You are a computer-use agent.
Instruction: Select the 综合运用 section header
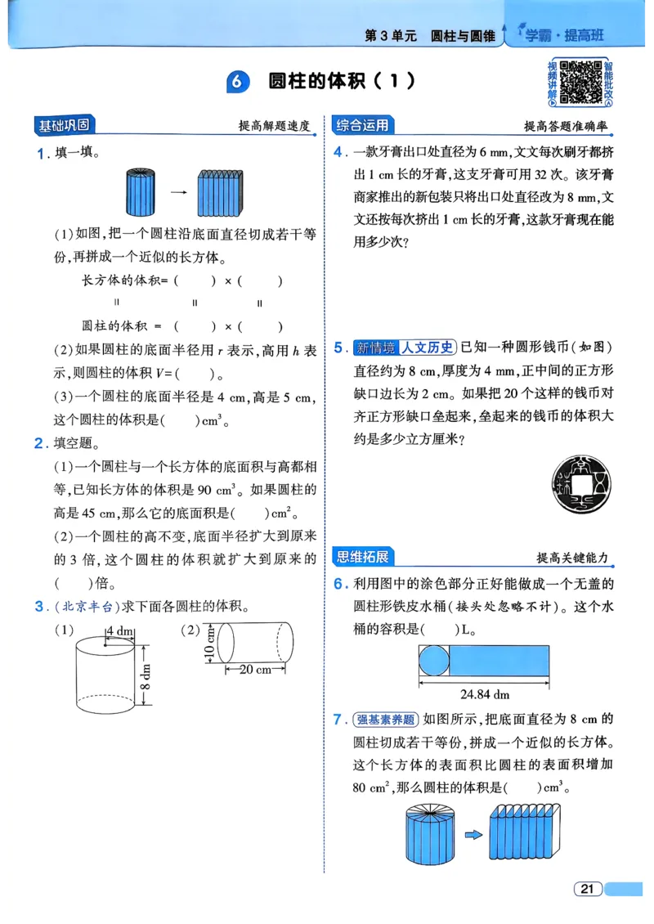point(362,126)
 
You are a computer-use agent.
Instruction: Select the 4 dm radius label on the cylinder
point(120,630)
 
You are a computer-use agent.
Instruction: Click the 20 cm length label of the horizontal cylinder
point(255,669)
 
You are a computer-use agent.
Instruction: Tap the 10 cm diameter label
point(210,644)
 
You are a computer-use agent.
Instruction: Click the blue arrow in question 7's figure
point(472,835)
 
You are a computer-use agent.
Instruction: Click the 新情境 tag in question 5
point(375,347)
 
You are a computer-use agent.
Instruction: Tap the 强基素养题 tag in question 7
point(387,720)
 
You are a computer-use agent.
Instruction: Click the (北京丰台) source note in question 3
point(86,606)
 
